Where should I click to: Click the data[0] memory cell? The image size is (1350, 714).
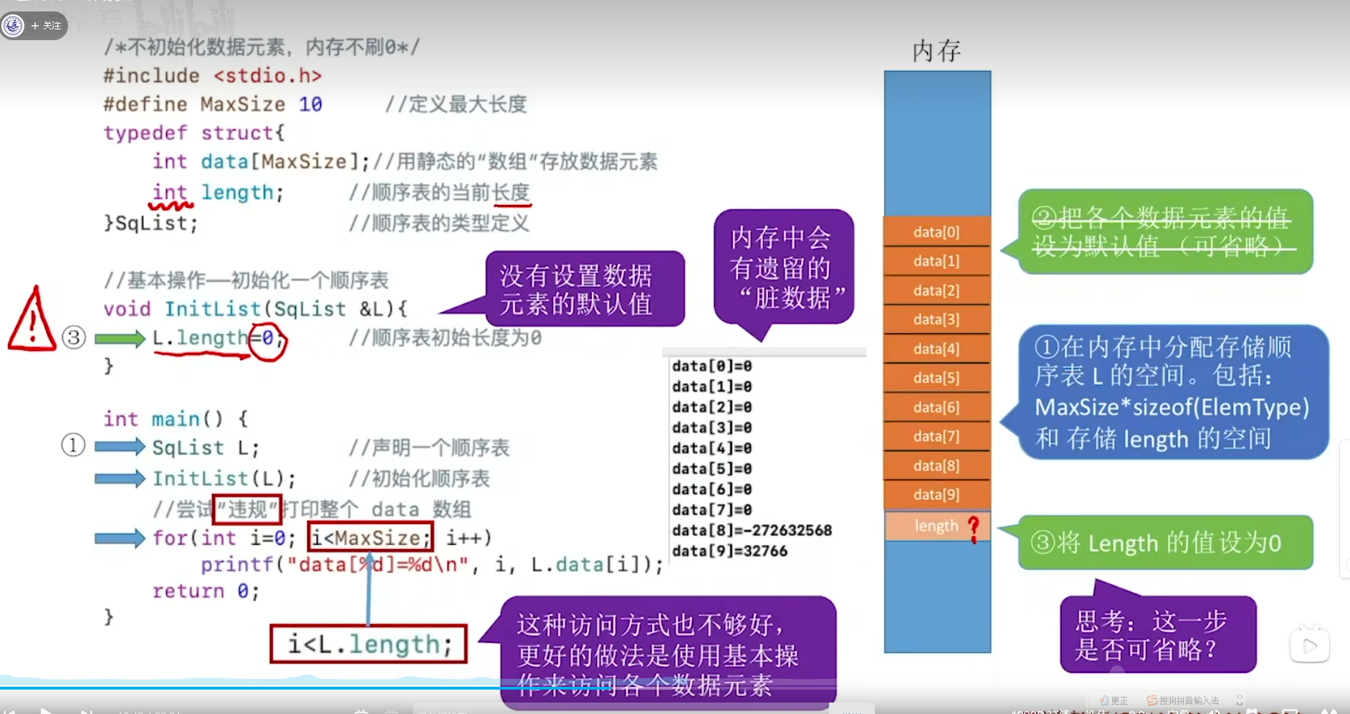pos(937,232)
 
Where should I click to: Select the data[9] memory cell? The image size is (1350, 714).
pos(937,495)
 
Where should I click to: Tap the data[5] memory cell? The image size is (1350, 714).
pos(937,378)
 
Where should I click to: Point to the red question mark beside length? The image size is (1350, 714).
pos(973,529)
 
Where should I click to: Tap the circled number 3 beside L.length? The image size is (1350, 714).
pos(74,338)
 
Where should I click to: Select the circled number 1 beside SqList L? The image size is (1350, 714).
pos(73,445)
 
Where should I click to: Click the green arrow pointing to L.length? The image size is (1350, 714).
pos(120,338)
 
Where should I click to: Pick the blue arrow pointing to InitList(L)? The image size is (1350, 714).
pos(120,478)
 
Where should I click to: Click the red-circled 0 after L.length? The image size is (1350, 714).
pos(268,338)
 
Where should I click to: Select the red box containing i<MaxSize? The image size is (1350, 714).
pos(370,538)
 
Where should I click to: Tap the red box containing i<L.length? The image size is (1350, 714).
pos(368,644)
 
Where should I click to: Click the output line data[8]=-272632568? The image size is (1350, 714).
pos(752,530)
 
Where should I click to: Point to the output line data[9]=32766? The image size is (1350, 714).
pos(729,551)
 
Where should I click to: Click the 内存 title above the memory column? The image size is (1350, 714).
pos(937,51)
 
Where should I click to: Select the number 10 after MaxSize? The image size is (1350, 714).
pos(310,105)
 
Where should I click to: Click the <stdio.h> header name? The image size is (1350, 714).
pos(268,76)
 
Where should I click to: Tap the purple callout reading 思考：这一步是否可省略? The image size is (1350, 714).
pos(1157,634)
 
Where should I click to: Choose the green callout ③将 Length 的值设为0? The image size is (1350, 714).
pos(1165,543)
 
